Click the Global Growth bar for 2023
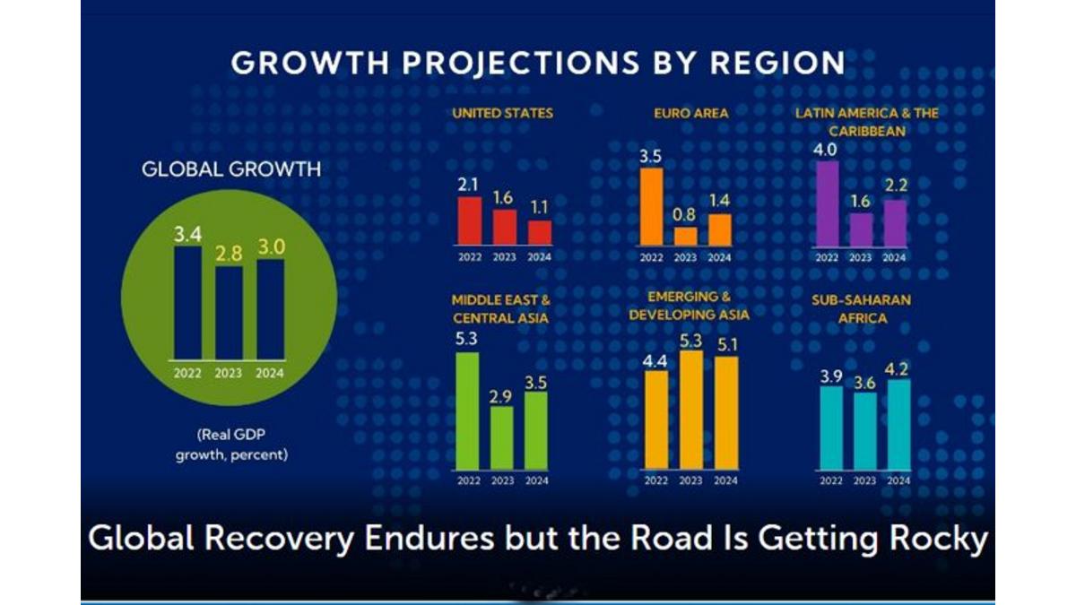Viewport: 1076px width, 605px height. coord(229,312)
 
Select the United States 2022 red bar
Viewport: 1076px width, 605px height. coord(470,220)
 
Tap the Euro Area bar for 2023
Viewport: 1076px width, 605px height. coord(685,236)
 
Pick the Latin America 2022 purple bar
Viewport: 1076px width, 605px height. coord(827,203)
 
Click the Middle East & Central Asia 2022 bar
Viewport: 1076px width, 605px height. coord(468,411)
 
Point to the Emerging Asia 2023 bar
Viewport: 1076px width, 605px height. coord(690,410)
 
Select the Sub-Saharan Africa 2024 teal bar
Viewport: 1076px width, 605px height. coord(898,425)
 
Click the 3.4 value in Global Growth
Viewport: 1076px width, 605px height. coord(187,235)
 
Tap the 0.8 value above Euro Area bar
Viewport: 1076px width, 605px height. coord(685,215)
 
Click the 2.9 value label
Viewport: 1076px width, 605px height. coord(502,394)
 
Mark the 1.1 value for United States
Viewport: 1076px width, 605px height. coord(539,207)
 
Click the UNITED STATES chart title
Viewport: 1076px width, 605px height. coord(502,113)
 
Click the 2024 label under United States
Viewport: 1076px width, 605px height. coord(539,257)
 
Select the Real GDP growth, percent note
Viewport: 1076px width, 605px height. coord(231,445)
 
